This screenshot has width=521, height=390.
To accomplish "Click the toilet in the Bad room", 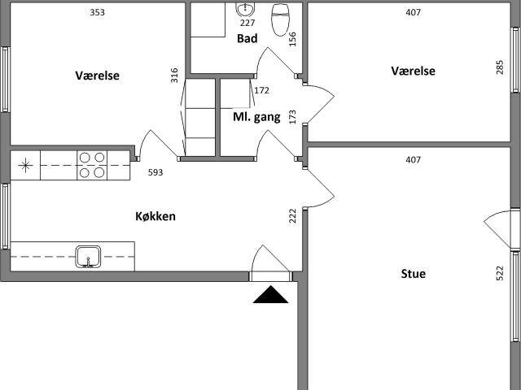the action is (x=281, y=19).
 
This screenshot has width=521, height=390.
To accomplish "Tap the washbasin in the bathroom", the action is (x=246, y=9).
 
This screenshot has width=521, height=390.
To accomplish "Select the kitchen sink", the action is (x=88, y=257).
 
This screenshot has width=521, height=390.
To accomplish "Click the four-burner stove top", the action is (x=92, y=165).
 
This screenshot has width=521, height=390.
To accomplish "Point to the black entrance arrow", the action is (x=270, y=294).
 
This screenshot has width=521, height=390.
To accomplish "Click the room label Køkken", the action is (x=155, y=216).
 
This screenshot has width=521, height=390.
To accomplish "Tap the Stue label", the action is (x=413, y=274).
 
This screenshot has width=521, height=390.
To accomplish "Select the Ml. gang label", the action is (x=256, y=117).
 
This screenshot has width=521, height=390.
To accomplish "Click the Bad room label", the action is (x=247, y=38).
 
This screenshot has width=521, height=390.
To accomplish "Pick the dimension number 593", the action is (x=155, y=172).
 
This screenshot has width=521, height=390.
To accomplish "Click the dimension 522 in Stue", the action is (x=500, y=274).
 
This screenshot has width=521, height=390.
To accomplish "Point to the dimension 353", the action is (x=98, y=13).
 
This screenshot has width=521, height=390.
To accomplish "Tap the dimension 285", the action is (x=500, y=67).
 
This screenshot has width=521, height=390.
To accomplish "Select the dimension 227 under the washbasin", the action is (x=247, y=23).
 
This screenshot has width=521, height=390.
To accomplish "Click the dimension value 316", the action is (x=174, y=76).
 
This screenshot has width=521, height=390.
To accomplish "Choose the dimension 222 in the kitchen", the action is (x=292, y=216).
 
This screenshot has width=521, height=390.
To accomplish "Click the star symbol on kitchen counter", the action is (x=25, y=166).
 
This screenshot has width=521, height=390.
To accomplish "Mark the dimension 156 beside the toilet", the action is (x=292, y=39).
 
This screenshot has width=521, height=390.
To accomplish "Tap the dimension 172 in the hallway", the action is (x=262, y=90).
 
